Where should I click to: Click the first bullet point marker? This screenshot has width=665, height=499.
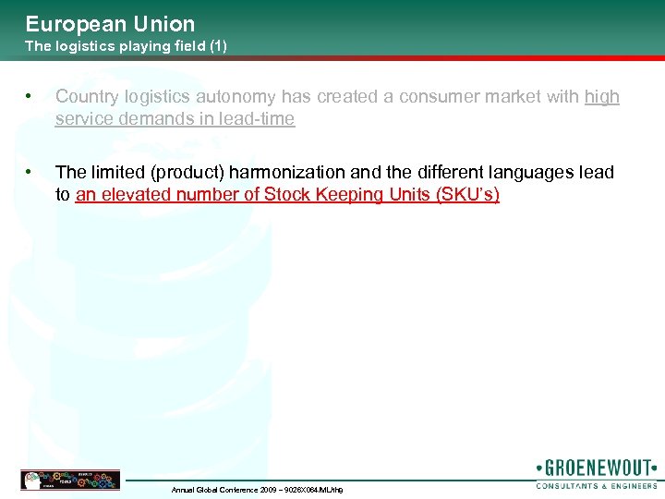pyautogui.click(x=31, y=96)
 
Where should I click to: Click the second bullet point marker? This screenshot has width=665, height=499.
pyautogui.click(x=31, y=172)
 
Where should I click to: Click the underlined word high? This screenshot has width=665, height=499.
pyautogui.click(x=602, y=97)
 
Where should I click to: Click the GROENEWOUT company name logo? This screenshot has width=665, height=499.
pyautogui.click(x=596, y=467)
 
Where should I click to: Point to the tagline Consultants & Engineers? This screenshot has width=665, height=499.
pyautogui.click(x=597, y=485)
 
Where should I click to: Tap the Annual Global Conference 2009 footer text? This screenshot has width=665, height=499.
pyautogui.click(x=257, y=489)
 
